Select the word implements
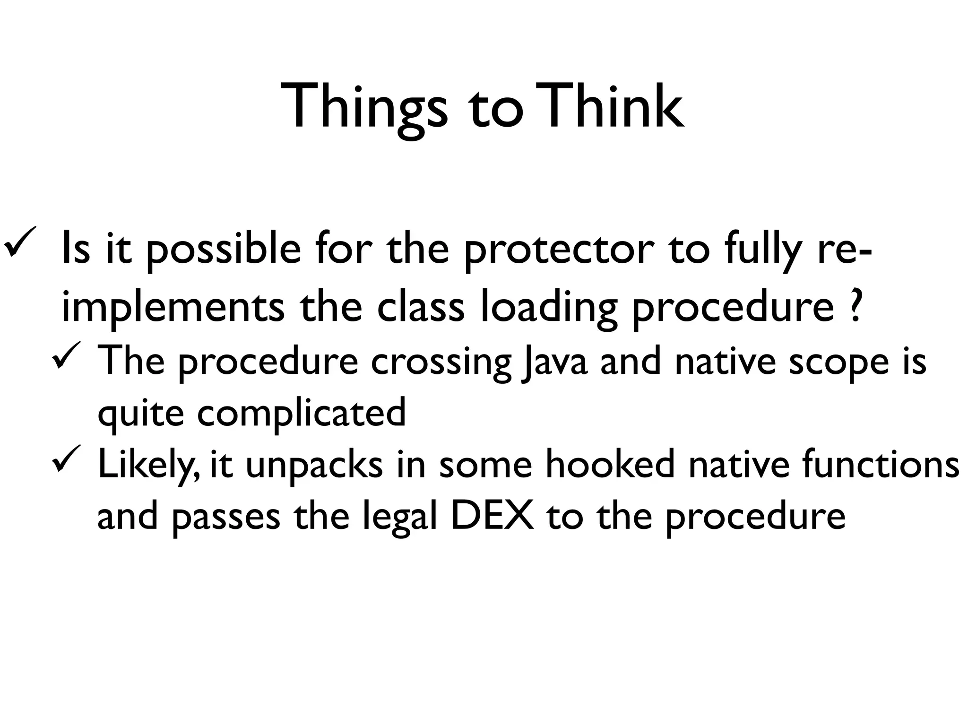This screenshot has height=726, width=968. point(173,307)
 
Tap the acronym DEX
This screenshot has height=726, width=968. point(492,516)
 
